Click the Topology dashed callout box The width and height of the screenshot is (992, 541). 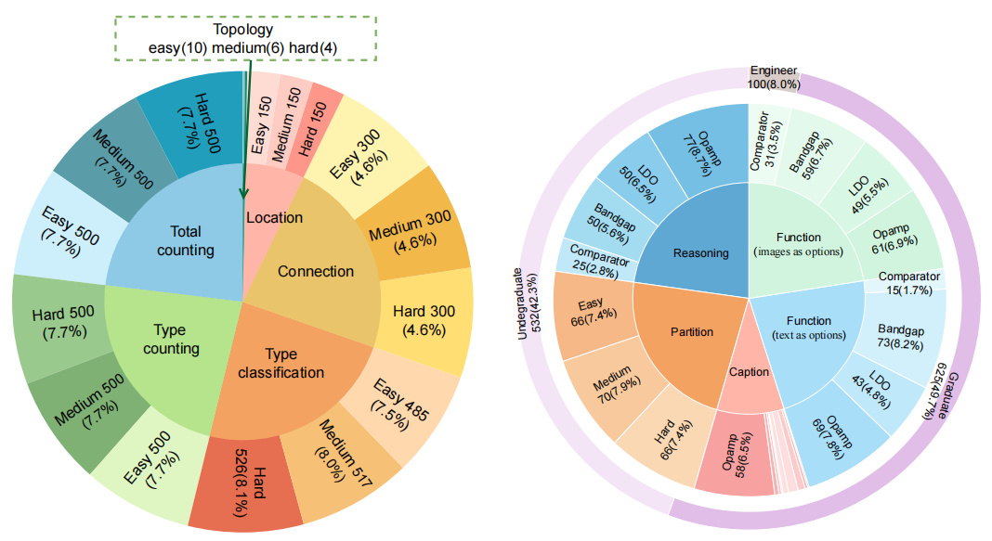[247, 38]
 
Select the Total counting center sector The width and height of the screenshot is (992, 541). [186, 241]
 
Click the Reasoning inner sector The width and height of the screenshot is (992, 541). [700, 252]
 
